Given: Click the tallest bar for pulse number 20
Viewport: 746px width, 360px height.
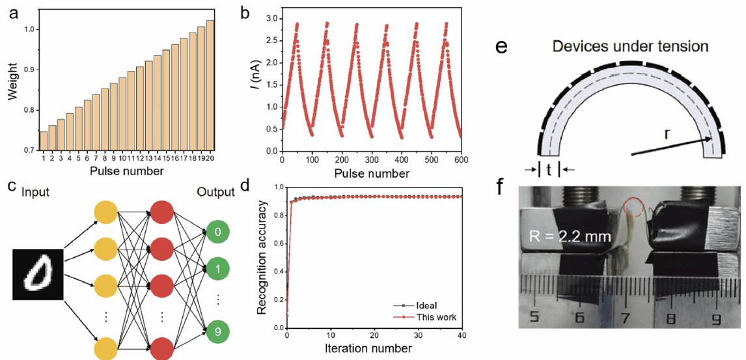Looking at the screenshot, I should click(x=210, y=85).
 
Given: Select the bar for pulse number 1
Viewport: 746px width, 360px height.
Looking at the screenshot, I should click(x=44, y=141).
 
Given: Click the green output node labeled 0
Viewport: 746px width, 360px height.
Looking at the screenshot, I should click(x=217, y=232).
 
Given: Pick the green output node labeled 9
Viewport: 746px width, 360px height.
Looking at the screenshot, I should click(x=217, y=332).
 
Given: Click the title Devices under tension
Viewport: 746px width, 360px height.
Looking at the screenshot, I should click(x=630, y=47).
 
